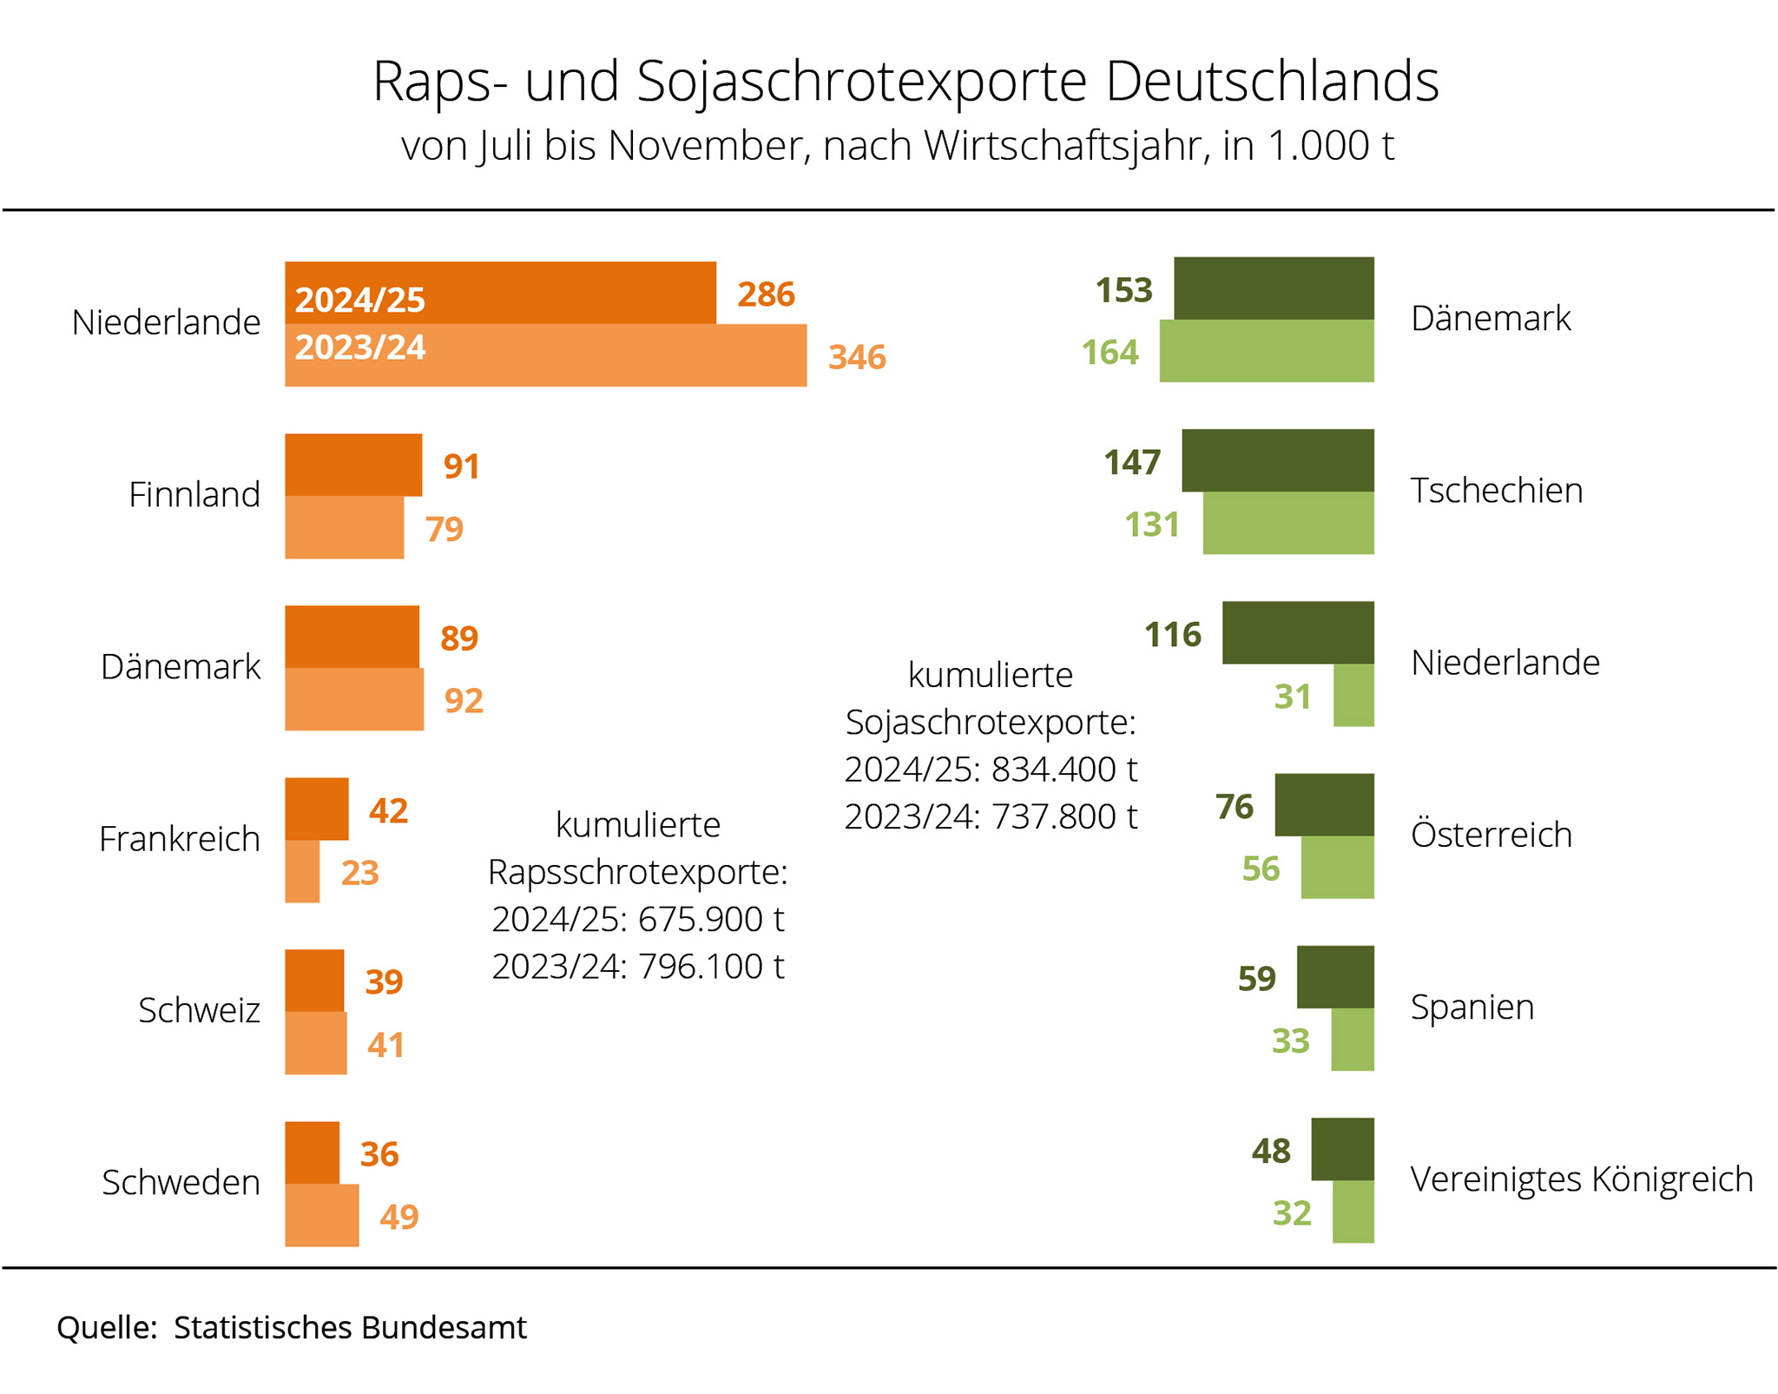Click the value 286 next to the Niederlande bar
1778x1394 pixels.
(766, 294)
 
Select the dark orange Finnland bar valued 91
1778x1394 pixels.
(353, 465)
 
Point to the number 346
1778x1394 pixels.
(857, 357)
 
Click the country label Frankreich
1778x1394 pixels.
(180, 839)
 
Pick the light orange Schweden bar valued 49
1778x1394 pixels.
(322, 1216)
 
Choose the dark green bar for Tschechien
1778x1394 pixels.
(1277, 460)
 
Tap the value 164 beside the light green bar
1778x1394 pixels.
(1110, 353)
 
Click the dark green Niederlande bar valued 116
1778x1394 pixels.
(1298, 632)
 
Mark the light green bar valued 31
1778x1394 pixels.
(1353, 696)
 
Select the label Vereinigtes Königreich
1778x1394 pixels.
(1581, 1179)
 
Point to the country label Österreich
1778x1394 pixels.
(1491, 835)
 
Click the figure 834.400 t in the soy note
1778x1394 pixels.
(1064, 770)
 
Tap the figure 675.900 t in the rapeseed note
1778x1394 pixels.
(711, 919)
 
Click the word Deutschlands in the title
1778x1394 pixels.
(1272, 82)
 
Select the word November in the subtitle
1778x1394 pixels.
(728, 146)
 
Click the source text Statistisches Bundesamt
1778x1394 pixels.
(350, 1328)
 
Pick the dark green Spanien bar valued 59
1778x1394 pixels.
(1335, 977)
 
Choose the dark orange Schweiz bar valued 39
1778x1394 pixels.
(314, 981)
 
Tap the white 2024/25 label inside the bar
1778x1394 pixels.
(359, 301)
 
